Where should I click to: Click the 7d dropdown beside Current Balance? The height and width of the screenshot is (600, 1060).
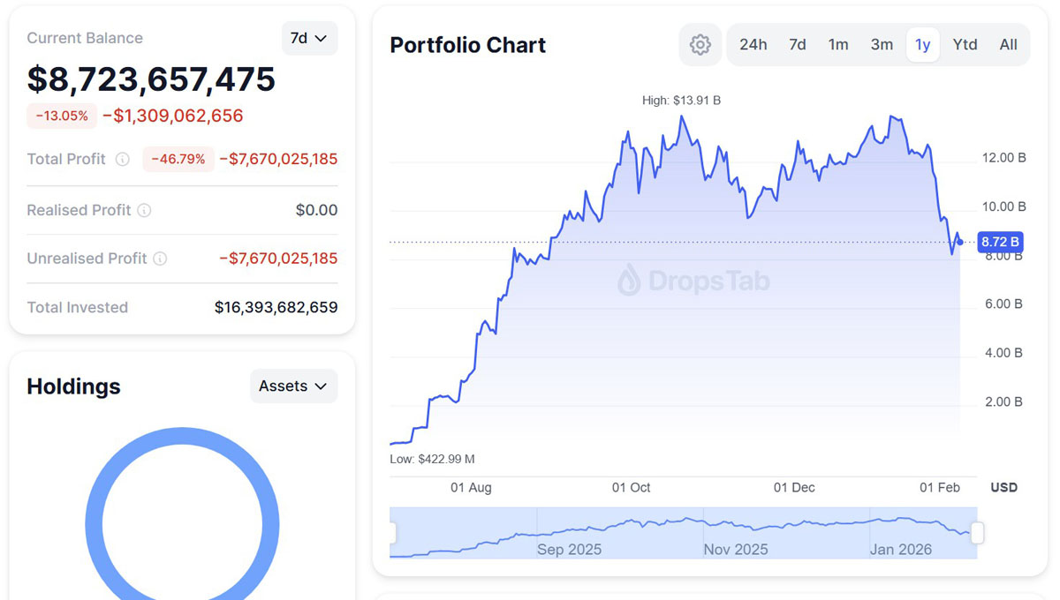pyautogui.click(x=309, y=39)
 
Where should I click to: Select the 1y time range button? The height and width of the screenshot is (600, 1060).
pyautogui.click(x=922, y=44)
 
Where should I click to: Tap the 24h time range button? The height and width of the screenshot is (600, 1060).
pyautogui.click(x=753, y=44)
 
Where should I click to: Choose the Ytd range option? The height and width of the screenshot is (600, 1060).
pyautogui.click(x=965, y=44)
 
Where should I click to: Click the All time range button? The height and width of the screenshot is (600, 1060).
pyautogui.click(x=1008, y=44)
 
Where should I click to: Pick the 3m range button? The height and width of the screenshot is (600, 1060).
pyautogui.click(x=882, y=44)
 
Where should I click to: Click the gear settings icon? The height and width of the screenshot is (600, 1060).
pyautogui.click(x=700, y=45)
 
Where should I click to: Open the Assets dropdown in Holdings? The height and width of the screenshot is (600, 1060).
pyautogui.click(x=293, y=386)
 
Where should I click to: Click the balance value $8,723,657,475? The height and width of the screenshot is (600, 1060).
pyautogui.click(x=151, y=79)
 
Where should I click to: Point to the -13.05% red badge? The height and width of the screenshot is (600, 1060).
pyautogui.click(x=62, y=116)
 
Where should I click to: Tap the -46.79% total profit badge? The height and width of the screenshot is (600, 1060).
pyautogui.click(x=178, y=159)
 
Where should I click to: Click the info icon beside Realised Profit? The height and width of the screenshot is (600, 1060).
pyautogui.click(x=144, y=210)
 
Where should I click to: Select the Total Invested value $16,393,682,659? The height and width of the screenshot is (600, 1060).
pyautogui.click(x=276, y=307)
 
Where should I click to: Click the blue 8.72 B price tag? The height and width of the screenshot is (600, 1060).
pyautogui.click(x=1000, y=242)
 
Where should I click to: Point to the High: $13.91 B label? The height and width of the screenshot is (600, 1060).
pyautogui.click(x=681, y=101)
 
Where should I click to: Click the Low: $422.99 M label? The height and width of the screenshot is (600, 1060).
pyautogui.click(x=432, y=459)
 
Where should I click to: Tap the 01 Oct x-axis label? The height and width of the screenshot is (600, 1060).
pyautogui.click(x=631, y=487)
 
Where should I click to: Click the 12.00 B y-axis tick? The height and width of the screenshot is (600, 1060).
pyautogui.click(x=1003, y=158)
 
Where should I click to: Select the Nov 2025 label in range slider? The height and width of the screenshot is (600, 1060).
pyautogui.click(x=735, y=549)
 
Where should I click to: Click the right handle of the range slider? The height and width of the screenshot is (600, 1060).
pyautogui.click(x=977, y=533)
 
